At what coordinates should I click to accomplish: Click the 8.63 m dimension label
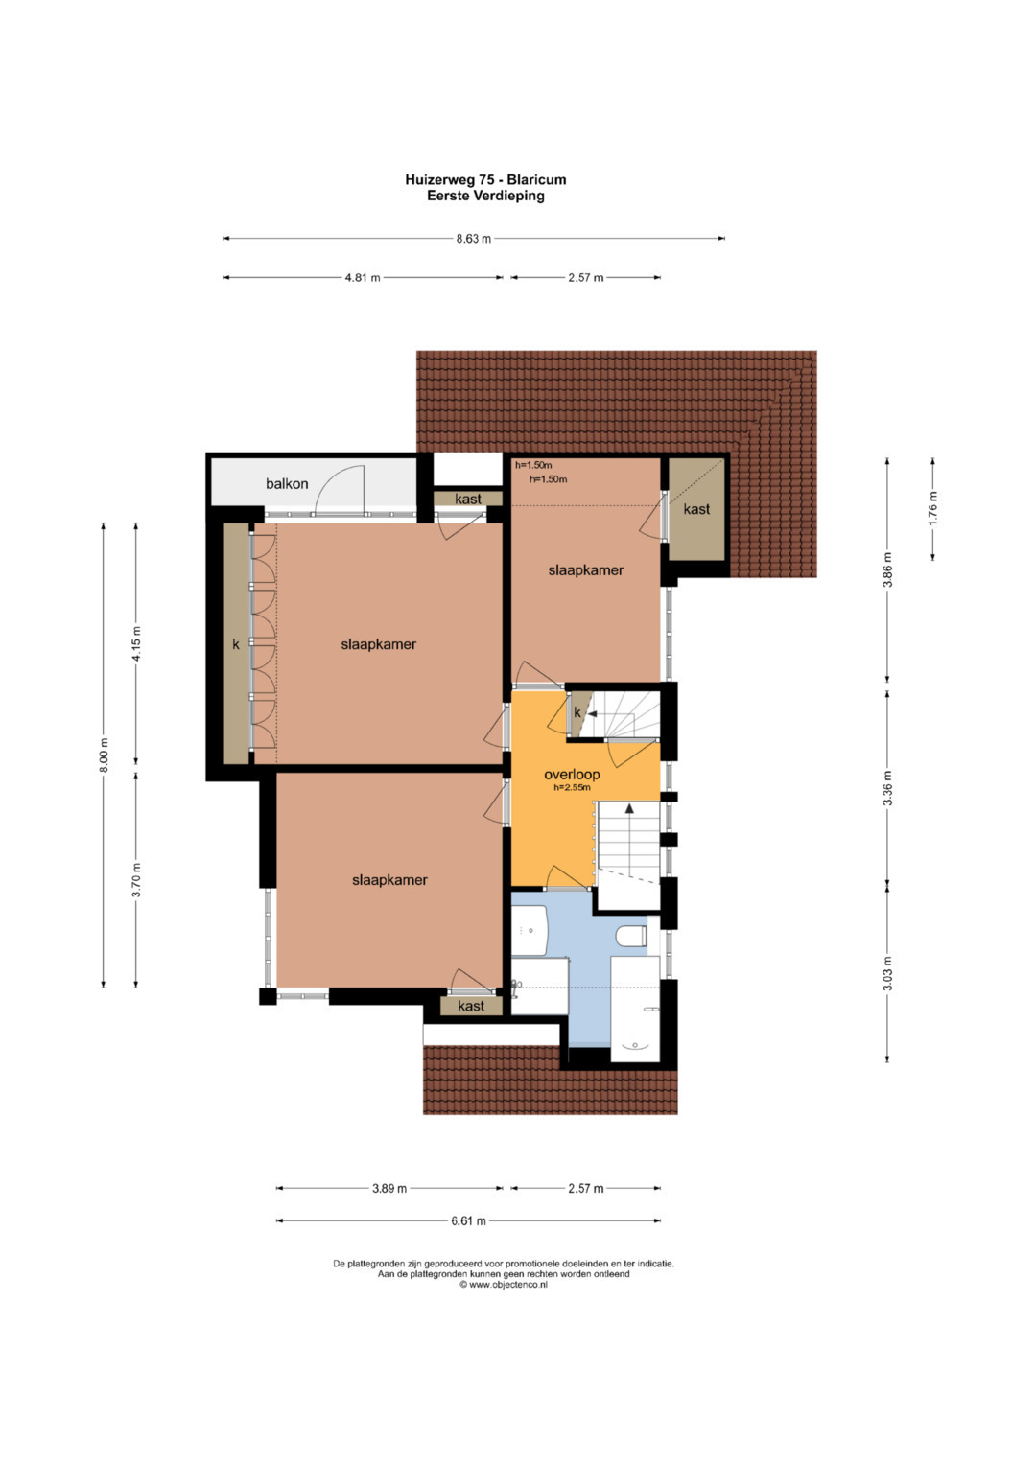point(474,239)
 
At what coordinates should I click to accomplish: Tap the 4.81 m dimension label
point(363,278)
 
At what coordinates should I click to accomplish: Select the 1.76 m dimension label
point(932,508)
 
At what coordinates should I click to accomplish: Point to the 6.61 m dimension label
point(468,1220)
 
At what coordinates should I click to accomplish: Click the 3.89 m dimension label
point(389,1188)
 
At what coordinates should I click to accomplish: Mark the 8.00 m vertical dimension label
point(104,755)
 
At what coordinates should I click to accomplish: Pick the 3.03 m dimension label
point(887,974)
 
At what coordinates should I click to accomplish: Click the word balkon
point(287,483)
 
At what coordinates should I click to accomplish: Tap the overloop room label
point(572,775)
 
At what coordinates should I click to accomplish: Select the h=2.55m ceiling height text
point(572,787)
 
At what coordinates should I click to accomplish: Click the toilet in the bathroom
point(631,936)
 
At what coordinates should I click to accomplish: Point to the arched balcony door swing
point(339,488)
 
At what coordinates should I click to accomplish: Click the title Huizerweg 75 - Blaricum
point(485,179)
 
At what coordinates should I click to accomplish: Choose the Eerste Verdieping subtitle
point(485,196)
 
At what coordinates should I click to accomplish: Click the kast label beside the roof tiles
point(696,508)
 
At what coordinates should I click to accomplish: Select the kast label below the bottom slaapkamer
point(471,1005)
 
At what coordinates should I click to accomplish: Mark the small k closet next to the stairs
point(577,712)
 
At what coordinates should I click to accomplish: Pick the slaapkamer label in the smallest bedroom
point(585,569)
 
